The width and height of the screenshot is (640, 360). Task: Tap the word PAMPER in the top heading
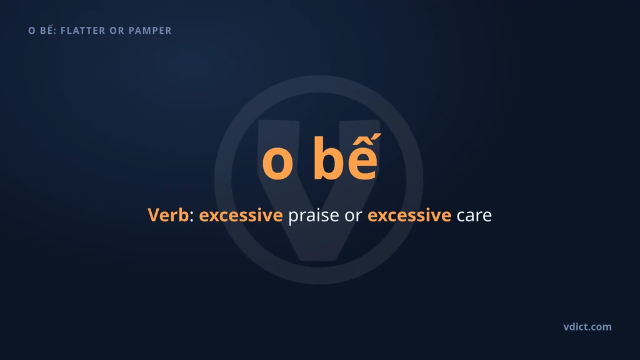(150, 31)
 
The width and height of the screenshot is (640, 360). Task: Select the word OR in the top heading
(117, 31)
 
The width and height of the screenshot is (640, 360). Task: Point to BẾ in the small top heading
(47, 29)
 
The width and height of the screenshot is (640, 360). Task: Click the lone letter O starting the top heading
(32, 31)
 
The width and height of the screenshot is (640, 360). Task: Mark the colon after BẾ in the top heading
(55, 31)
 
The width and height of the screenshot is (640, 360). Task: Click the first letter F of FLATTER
(63, 31)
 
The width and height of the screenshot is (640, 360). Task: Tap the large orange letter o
(277, 162)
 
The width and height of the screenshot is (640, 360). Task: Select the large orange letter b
(328, 158)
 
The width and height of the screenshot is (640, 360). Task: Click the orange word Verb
(168, 215)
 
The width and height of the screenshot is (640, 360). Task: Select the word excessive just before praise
(241, 216)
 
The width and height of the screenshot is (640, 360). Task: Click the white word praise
(314, 216)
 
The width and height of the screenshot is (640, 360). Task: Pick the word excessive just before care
(409, 216)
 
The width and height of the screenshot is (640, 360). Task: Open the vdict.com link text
(587, 326)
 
